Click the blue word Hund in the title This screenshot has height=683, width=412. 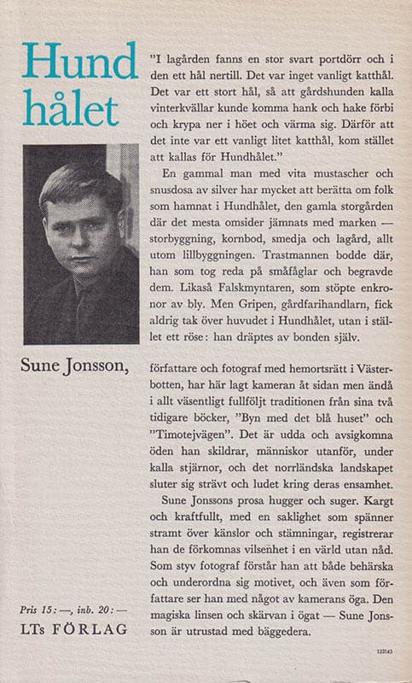[79, 64]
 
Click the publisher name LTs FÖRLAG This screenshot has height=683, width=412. [75, 628]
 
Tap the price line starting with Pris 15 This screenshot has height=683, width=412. [75, 610]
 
